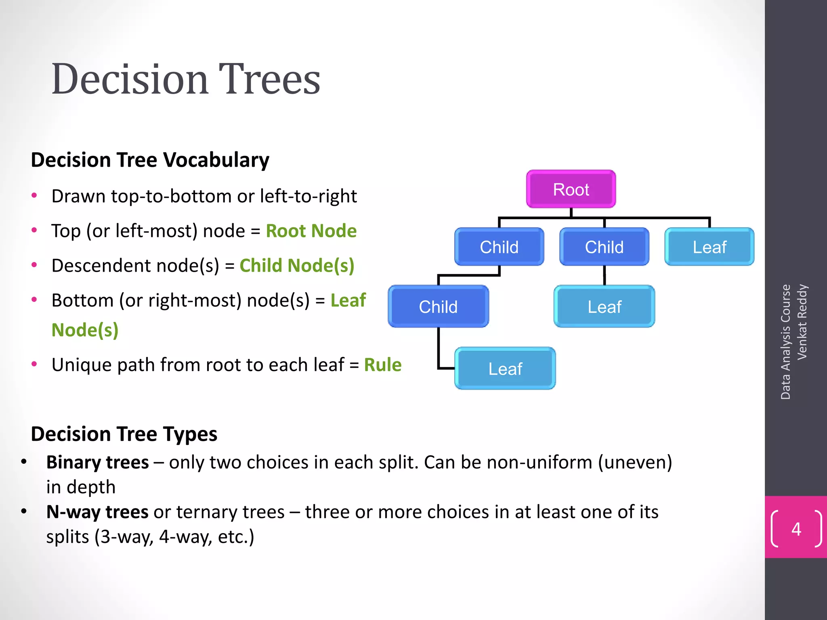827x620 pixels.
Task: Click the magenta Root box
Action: pos(571,189)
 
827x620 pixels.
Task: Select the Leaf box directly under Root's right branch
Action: pos(709,247)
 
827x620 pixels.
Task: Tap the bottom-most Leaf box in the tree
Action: pos(505,369)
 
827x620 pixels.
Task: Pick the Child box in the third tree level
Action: pos(438,307)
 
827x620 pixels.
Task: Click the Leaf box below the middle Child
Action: pos(604,307)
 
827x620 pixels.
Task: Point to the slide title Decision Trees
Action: pos(186,79)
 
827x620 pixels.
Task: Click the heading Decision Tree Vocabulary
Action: pos(150,160)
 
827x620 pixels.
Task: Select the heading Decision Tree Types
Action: pos(124,434)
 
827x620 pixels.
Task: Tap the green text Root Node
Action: pos(311,231)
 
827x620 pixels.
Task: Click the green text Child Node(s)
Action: pos(297,266)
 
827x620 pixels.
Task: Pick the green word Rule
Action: pos(382,365)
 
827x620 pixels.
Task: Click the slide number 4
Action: pos(796,529)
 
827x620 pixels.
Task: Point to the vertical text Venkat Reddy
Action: pos(802,322)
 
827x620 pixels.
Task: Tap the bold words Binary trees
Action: pos(97,463)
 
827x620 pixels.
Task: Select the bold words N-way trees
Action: pos(97,512)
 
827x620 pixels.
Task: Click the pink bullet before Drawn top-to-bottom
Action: pos(34,196)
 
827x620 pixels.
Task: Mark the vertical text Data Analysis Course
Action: pos(785,341)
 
